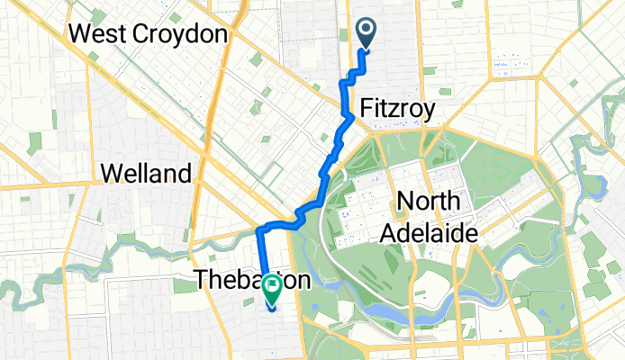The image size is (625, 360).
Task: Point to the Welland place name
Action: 146,173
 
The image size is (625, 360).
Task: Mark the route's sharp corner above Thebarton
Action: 259,230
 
